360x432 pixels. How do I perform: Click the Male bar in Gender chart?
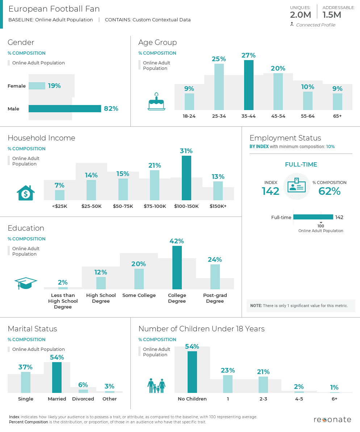click(64, 109)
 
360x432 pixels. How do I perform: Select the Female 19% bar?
click(37, 86)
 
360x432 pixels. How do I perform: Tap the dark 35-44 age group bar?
click(249, 85)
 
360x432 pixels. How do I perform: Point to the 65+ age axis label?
click(337, 116)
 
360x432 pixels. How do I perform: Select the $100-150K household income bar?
click(187, 178)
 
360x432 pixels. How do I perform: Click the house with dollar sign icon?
click(26, 193)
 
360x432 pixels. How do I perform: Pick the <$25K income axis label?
click(60, 206)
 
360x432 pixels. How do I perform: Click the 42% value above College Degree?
click(177, 241)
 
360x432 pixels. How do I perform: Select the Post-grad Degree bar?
click(215, 277)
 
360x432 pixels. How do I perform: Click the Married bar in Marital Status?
click(57, 377)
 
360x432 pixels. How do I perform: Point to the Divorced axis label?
click(83, 399)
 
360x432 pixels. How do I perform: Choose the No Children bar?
click(192, 372)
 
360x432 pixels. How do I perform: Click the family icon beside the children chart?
click(156, 386)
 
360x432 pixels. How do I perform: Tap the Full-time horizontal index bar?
click(313, 217)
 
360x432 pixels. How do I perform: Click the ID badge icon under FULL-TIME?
click(297, 186)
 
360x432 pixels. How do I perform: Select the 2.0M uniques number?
click(300, 15)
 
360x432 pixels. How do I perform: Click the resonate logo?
click(332, 420)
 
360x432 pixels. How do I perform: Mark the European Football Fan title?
click(54, 9)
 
